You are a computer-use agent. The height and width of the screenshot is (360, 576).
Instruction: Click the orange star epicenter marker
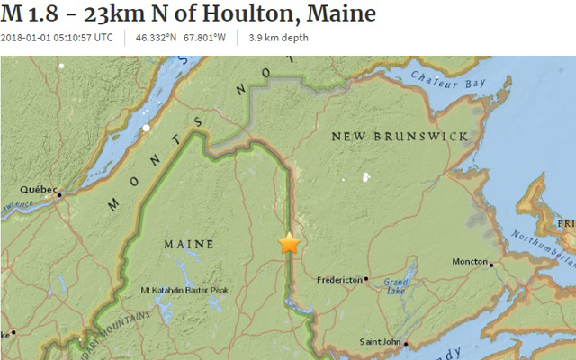click(289, 243)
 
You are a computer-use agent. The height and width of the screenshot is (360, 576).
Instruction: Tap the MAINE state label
click(189, 244)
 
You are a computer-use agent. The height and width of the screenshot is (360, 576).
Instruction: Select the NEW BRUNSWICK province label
click(400, 136)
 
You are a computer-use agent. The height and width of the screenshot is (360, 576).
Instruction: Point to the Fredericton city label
click(339, 280)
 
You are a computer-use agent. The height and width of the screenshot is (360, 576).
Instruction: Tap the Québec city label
click(39, 190)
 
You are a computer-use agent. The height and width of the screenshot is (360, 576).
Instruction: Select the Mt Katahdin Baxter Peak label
click(184, 290)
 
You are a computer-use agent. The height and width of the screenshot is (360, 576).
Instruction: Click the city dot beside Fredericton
click(366, 280)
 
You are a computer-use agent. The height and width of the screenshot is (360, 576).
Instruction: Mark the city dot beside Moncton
click(491, 265)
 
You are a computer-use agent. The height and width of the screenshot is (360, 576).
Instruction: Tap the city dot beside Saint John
click(407, 343)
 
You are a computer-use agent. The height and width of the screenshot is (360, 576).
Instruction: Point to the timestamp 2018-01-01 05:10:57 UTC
click(57, 38)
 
